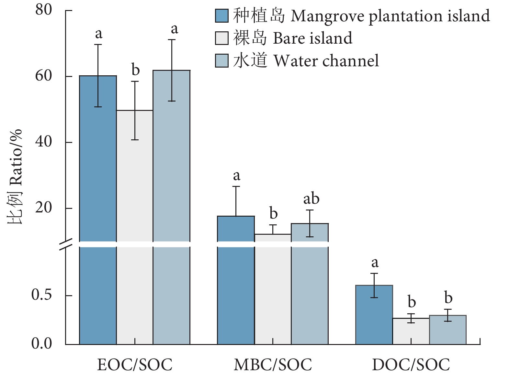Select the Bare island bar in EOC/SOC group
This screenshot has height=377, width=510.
135,226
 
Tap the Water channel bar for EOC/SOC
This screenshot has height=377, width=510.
171,207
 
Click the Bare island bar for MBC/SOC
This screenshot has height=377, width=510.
273,288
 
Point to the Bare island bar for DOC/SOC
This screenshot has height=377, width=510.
411,331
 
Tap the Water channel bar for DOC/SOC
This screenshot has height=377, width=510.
448,330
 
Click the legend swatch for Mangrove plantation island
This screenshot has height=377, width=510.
222,16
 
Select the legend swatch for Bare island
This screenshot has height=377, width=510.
222,38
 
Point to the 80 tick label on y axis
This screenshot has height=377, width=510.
44,10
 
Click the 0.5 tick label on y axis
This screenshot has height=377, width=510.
42,295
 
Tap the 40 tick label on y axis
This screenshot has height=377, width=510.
44,142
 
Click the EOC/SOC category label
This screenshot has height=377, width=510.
135,365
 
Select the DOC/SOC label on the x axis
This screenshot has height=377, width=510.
411,365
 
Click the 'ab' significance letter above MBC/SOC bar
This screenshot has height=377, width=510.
311,199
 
